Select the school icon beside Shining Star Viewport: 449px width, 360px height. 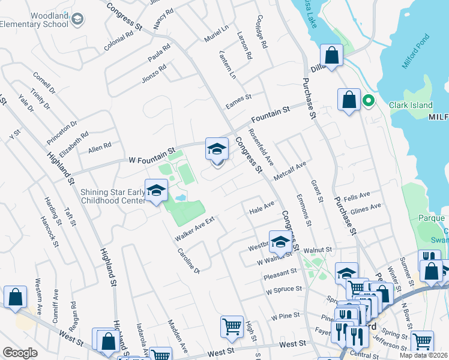[156, 191]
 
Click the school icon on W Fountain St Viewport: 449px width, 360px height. [217, 149]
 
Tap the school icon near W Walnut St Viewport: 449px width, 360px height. [280, 242]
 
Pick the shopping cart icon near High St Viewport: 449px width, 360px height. [232, 328]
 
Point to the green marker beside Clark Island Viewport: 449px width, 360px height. [369, 101]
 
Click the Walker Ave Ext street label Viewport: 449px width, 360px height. [194, 229]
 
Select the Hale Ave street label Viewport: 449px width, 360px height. [261, 208]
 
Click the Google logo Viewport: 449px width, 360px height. [20, 352]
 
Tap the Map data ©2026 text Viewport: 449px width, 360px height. [423, 355]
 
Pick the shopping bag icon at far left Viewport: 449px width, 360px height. [15, 297]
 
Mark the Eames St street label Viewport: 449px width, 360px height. [238, 101]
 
